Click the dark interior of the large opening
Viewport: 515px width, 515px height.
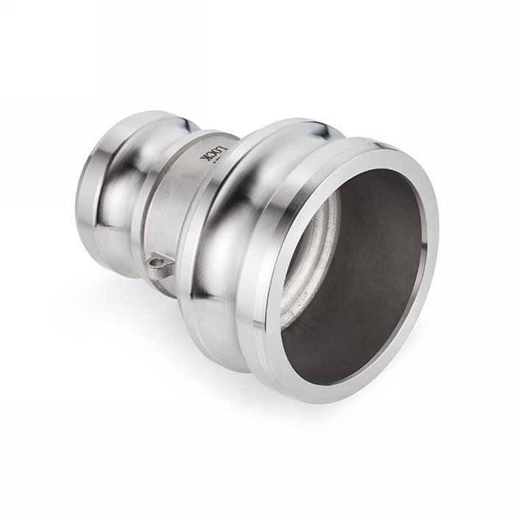point(368,280)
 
